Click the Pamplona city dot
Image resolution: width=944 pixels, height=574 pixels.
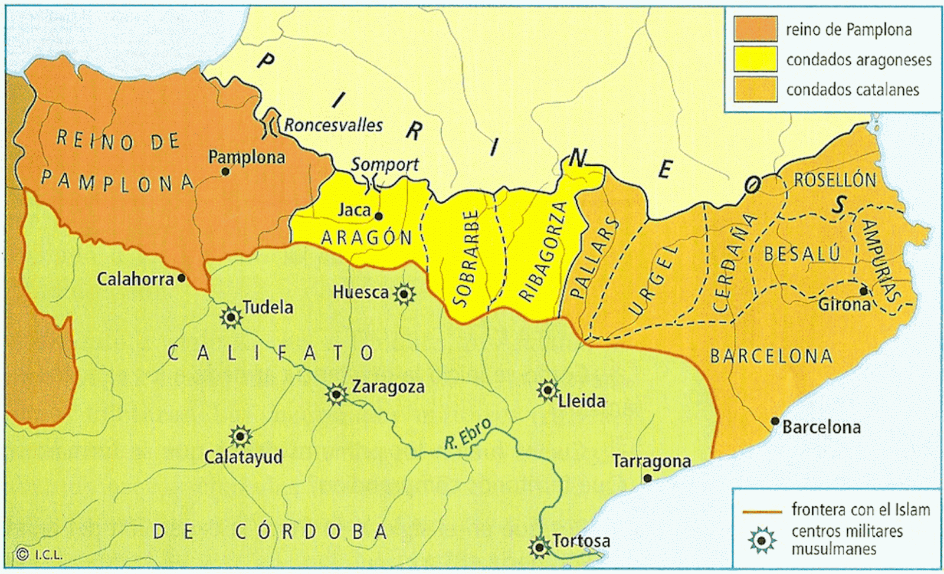click(225, 172)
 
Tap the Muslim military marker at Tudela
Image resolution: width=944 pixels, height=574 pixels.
click(231, 318)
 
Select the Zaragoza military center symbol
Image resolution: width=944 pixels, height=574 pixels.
click(336, 393)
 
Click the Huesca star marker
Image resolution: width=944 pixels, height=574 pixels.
click(404, 293)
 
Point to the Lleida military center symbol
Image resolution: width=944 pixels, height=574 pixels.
click(548, 390)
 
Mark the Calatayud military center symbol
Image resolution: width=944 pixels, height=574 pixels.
click(240, 437)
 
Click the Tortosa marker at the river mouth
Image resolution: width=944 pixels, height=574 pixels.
click(539, 547)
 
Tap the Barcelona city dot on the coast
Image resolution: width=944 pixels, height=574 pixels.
click(775, 421)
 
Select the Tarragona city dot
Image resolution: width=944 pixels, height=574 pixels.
click(648, 478)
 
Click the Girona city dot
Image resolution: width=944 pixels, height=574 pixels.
click(863, 291)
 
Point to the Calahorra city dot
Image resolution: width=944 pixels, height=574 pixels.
click(181, 277)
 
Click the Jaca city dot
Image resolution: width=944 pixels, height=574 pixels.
click(379, 217)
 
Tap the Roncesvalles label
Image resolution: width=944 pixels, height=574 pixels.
click(333, 125)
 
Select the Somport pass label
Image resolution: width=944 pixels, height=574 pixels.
click(385, 165)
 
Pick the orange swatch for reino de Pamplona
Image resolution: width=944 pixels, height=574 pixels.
click(755, 29)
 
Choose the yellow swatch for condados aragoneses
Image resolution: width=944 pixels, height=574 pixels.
click(755, 59)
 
